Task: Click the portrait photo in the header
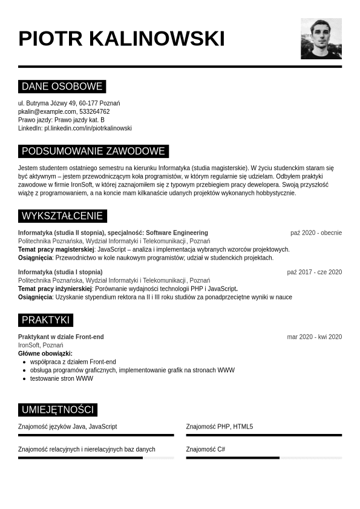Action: pyautogui.click(x=321, y=39)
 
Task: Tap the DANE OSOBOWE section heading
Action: pyautogui.click(x=62, y=87)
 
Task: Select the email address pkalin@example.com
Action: pyautogui.click(x=47, y=111)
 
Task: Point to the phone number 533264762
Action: pyautogui.click(x=94, y=111)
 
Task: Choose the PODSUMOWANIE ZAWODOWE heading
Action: pyautogui.click(x=93, y=151)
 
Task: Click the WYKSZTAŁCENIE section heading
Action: pyautogui.click(x=62, y=216)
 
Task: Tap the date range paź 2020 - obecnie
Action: pyautogui.click(x=316, y=233)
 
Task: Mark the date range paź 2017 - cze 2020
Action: pyautogui.click(x=314, y=272)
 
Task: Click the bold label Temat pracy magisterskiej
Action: pyautogui.click(x=56, y=249)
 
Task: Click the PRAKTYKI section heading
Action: pyautogui.click(x=46, y=320)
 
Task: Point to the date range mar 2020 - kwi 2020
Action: pyautogui.click(x=314, y=337)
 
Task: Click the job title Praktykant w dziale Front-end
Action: pyautogui.click(x=61, y=337)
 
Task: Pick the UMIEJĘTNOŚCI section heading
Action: pyautogui.click(x=57, y=410)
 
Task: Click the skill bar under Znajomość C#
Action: pyautogui.click(x=264, y=458)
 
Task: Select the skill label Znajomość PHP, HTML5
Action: pyautogui.click(x=220, y=427)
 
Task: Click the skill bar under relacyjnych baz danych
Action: pyautogui.click(x=96, y=458)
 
